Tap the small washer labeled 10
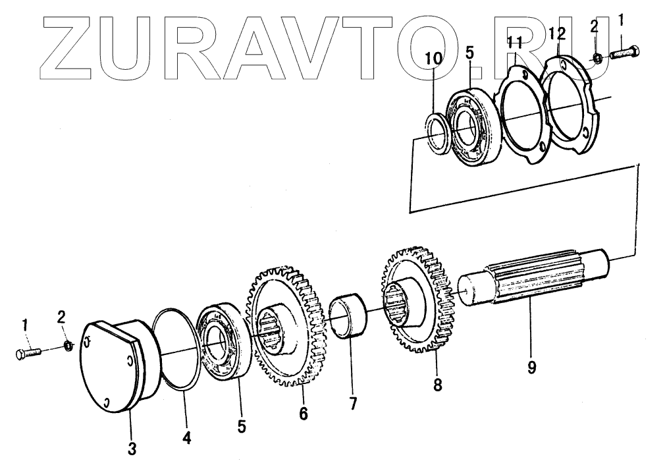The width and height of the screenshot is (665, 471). coord(437,134)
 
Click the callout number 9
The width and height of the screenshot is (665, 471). coord(531,367)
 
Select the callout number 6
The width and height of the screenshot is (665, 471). coord(303,414)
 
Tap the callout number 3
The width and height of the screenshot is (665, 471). coord(132,449)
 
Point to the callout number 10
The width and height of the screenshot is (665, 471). coord(434,59)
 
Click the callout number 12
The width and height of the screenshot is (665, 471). coord(556,32)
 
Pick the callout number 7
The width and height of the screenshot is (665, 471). coord(353,404)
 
